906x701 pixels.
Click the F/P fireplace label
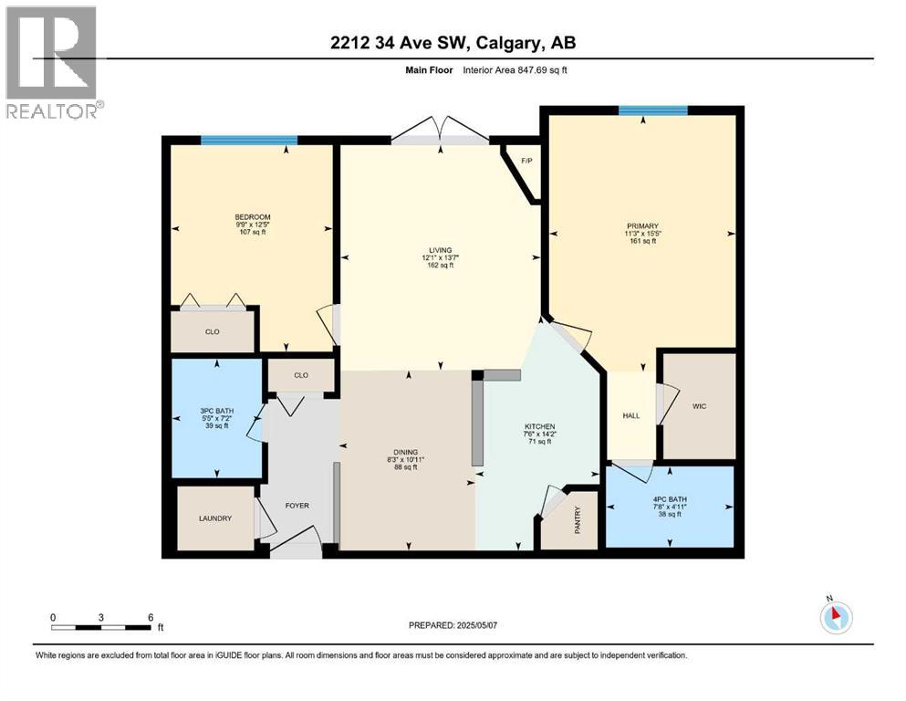526,162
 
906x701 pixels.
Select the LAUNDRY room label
215,518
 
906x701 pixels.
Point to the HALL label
630,415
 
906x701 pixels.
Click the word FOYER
297,504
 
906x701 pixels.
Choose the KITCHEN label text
539,427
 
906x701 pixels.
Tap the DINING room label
404,450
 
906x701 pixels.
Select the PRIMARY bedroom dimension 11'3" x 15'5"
642,233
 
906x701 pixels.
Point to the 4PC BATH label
669,499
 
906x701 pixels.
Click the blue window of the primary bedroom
652,110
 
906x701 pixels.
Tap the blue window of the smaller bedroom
249,141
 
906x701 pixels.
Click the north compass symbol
835,616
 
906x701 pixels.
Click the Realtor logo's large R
51,52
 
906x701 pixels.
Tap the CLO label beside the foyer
301,374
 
